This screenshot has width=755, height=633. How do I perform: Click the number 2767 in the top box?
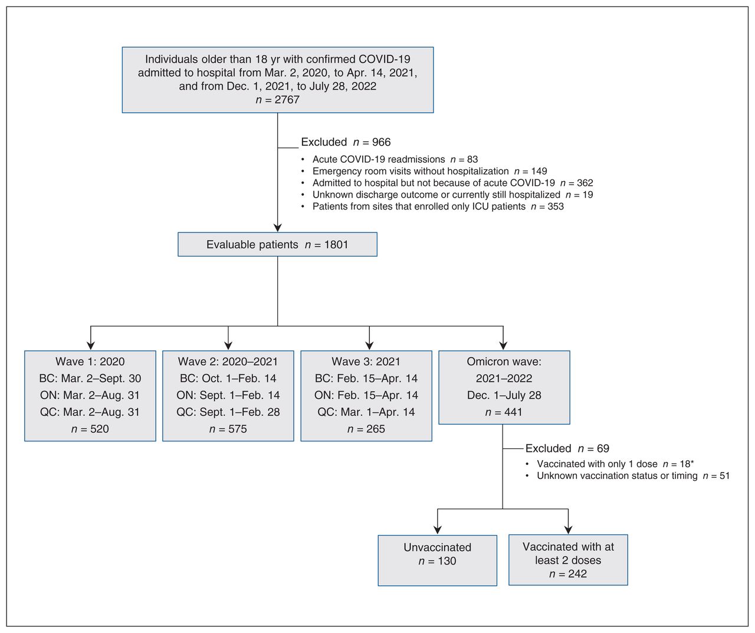287,100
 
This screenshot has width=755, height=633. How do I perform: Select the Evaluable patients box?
277,244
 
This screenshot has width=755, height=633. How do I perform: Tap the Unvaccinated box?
437,560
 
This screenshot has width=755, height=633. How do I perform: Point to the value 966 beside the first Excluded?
381,142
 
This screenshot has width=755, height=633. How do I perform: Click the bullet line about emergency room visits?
429,171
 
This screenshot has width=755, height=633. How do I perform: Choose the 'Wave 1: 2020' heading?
90,362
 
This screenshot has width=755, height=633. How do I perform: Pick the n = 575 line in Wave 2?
228,429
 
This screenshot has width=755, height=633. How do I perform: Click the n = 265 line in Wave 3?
366,429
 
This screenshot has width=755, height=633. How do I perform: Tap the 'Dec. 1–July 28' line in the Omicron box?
504,395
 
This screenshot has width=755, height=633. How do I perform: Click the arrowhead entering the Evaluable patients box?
277,228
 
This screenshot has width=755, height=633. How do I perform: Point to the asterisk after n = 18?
692,463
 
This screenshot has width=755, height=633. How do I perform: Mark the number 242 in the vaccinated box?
577,573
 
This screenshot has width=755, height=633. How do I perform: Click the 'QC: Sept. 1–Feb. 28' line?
228,412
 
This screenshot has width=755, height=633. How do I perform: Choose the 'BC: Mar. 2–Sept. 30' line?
90,378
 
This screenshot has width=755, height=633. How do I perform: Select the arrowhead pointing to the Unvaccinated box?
438,530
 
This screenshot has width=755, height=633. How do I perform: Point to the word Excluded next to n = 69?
548,448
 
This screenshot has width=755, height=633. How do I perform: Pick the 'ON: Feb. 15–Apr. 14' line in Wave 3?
366,395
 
